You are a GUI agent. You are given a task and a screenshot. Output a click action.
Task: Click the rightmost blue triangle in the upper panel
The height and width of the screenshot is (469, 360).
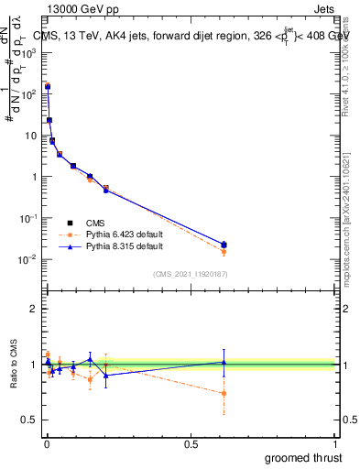(224, 244)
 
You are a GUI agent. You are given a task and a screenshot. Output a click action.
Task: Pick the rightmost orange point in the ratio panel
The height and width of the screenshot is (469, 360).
(224, 393)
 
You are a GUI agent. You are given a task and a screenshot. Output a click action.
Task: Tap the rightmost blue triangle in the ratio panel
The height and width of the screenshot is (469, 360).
(224, 362)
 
